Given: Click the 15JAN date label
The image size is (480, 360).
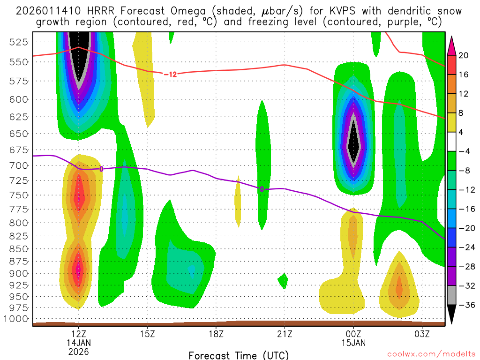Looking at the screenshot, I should click(x=353, y=344).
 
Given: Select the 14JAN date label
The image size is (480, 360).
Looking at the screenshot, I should click(x=79, y=344).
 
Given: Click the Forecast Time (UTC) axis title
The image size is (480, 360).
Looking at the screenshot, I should click(x=239, y=355).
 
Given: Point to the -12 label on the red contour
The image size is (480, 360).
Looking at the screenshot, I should click(x=170, y=74).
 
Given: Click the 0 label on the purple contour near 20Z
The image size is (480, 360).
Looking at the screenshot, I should click(x=262, y=189).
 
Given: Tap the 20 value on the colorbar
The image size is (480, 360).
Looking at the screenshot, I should click(x=464, y=55).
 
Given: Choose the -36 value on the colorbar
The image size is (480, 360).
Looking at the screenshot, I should click(x=464, y=305).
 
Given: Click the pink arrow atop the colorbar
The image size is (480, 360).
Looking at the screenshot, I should click(x=452, y=46).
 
